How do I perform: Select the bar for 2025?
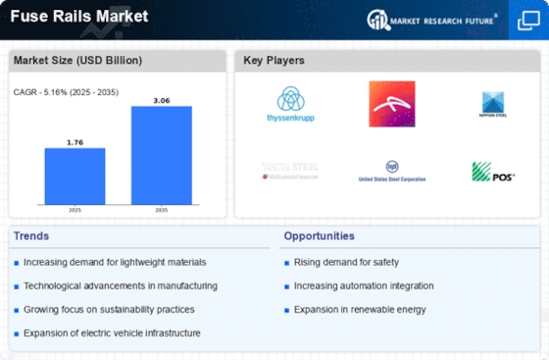(75, 179)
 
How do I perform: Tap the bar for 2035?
(161, 157)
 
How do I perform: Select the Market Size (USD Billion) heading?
(77, 61)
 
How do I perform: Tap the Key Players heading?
(274, 61)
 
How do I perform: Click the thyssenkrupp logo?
(291, 104)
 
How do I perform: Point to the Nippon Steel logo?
(492, 104)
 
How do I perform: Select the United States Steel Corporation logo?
(391, 173)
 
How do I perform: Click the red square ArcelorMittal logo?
(391, 103)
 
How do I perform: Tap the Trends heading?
(31, 235)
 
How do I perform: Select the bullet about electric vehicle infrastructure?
(113, 333)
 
